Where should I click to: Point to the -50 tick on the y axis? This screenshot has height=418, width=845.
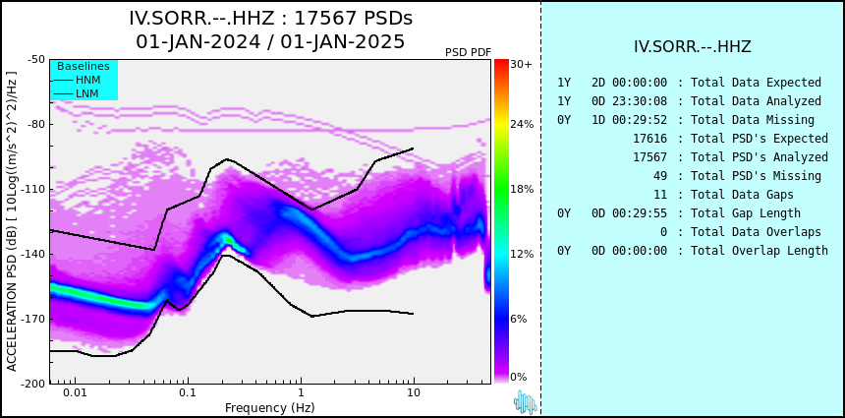(x=36, y=59)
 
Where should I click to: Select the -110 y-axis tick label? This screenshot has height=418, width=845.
(x=33, y=189)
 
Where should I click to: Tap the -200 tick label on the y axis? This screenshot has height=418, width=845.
(x=33, y=384)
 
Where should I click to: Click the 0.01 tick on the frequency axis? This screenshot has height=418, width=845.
(x=76, y=392)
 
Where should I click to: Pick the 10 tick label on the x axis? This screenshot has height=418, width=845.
(x=414, y=392)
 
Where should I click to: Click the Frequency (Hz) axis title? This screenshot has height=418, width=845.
(x=269, y=407)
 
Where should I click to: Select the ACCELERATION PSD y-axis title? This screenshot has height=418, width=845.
(x=12, y=221)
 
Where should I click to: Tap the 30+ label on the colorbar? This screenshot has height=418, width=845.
(x=521, y=64)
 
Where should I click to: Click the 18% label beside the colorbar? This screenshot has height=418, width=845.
(x=522, y=189)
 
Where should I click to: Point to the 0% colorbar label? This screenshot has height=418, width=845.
(x=519, y=377)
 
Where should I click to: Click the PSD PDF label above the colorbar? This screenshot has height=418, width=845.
(x=469, y=52)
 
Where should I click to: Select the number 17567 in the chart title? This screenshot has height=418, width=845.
(x=322, y=19)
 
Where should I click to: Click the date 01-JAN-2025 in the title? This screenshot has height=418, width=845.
(x=338, y=41)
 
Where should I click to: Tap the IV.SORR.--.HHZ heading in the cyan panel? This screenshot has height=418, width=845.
(x=693, y=47)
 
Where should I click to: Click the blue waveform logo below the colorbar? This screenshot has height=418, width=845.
(x=525, y=402)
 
